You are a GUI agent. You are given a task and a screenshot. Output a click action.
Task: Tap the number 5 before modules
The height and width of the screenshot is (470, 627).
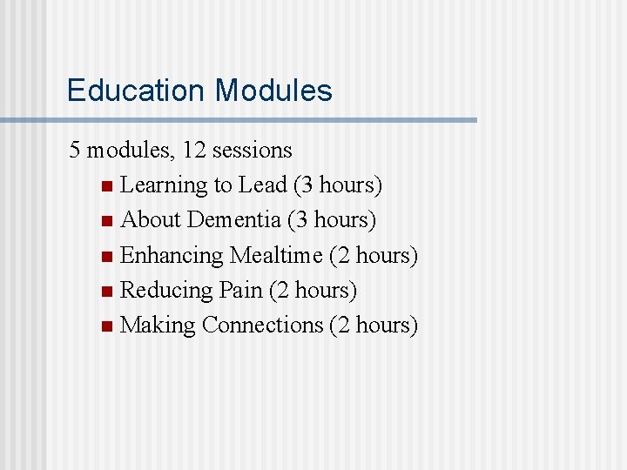click(x=76, y=151)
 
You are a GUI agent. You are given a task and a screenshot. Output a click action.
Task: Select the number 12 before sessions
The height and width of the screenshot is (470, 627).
click(x=196, y=151)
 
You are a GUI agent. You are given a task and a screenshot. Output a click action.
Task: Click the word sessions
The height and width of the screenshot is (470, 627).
click(x=253, y=151)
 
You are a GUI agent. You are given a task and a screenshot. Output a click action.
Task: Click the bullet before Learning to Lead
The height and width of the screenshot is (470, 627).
click(x=106, y=187)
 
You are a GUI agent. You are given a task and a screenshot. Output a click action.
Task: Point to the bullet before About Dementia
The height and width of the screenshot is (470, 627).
click(x=106, y=222)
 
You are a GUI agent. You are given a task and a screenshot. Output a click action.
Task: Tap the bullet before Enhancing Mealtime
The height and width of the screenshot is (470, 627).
click(x=106, y=257)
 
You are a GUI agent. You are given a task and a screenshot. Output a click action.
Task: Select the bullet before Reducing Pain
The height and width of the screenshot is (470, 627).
click(x=106, y=292)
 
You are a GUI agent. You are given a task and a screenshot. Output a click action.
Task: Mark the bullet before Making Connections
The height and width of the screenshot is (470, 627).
click(x=106, y=327)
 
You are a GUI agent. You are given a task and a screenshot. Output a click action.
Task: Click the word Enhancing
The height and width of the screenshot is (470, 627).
click(x=172, y=256)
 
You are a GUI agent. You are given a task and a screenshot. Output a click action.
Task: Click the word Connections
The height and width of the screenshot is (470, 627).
click(x=262, y=325)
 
